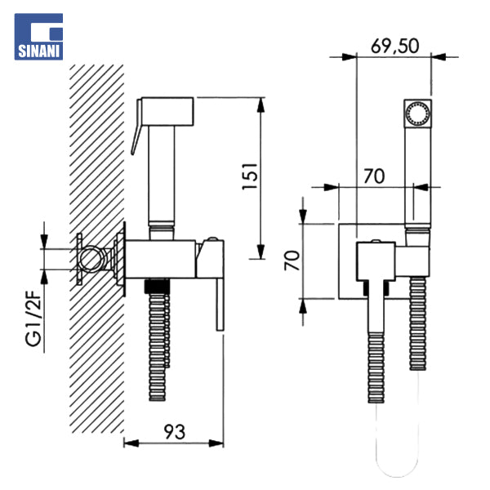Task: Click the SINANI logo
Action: tap(39, 37)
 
